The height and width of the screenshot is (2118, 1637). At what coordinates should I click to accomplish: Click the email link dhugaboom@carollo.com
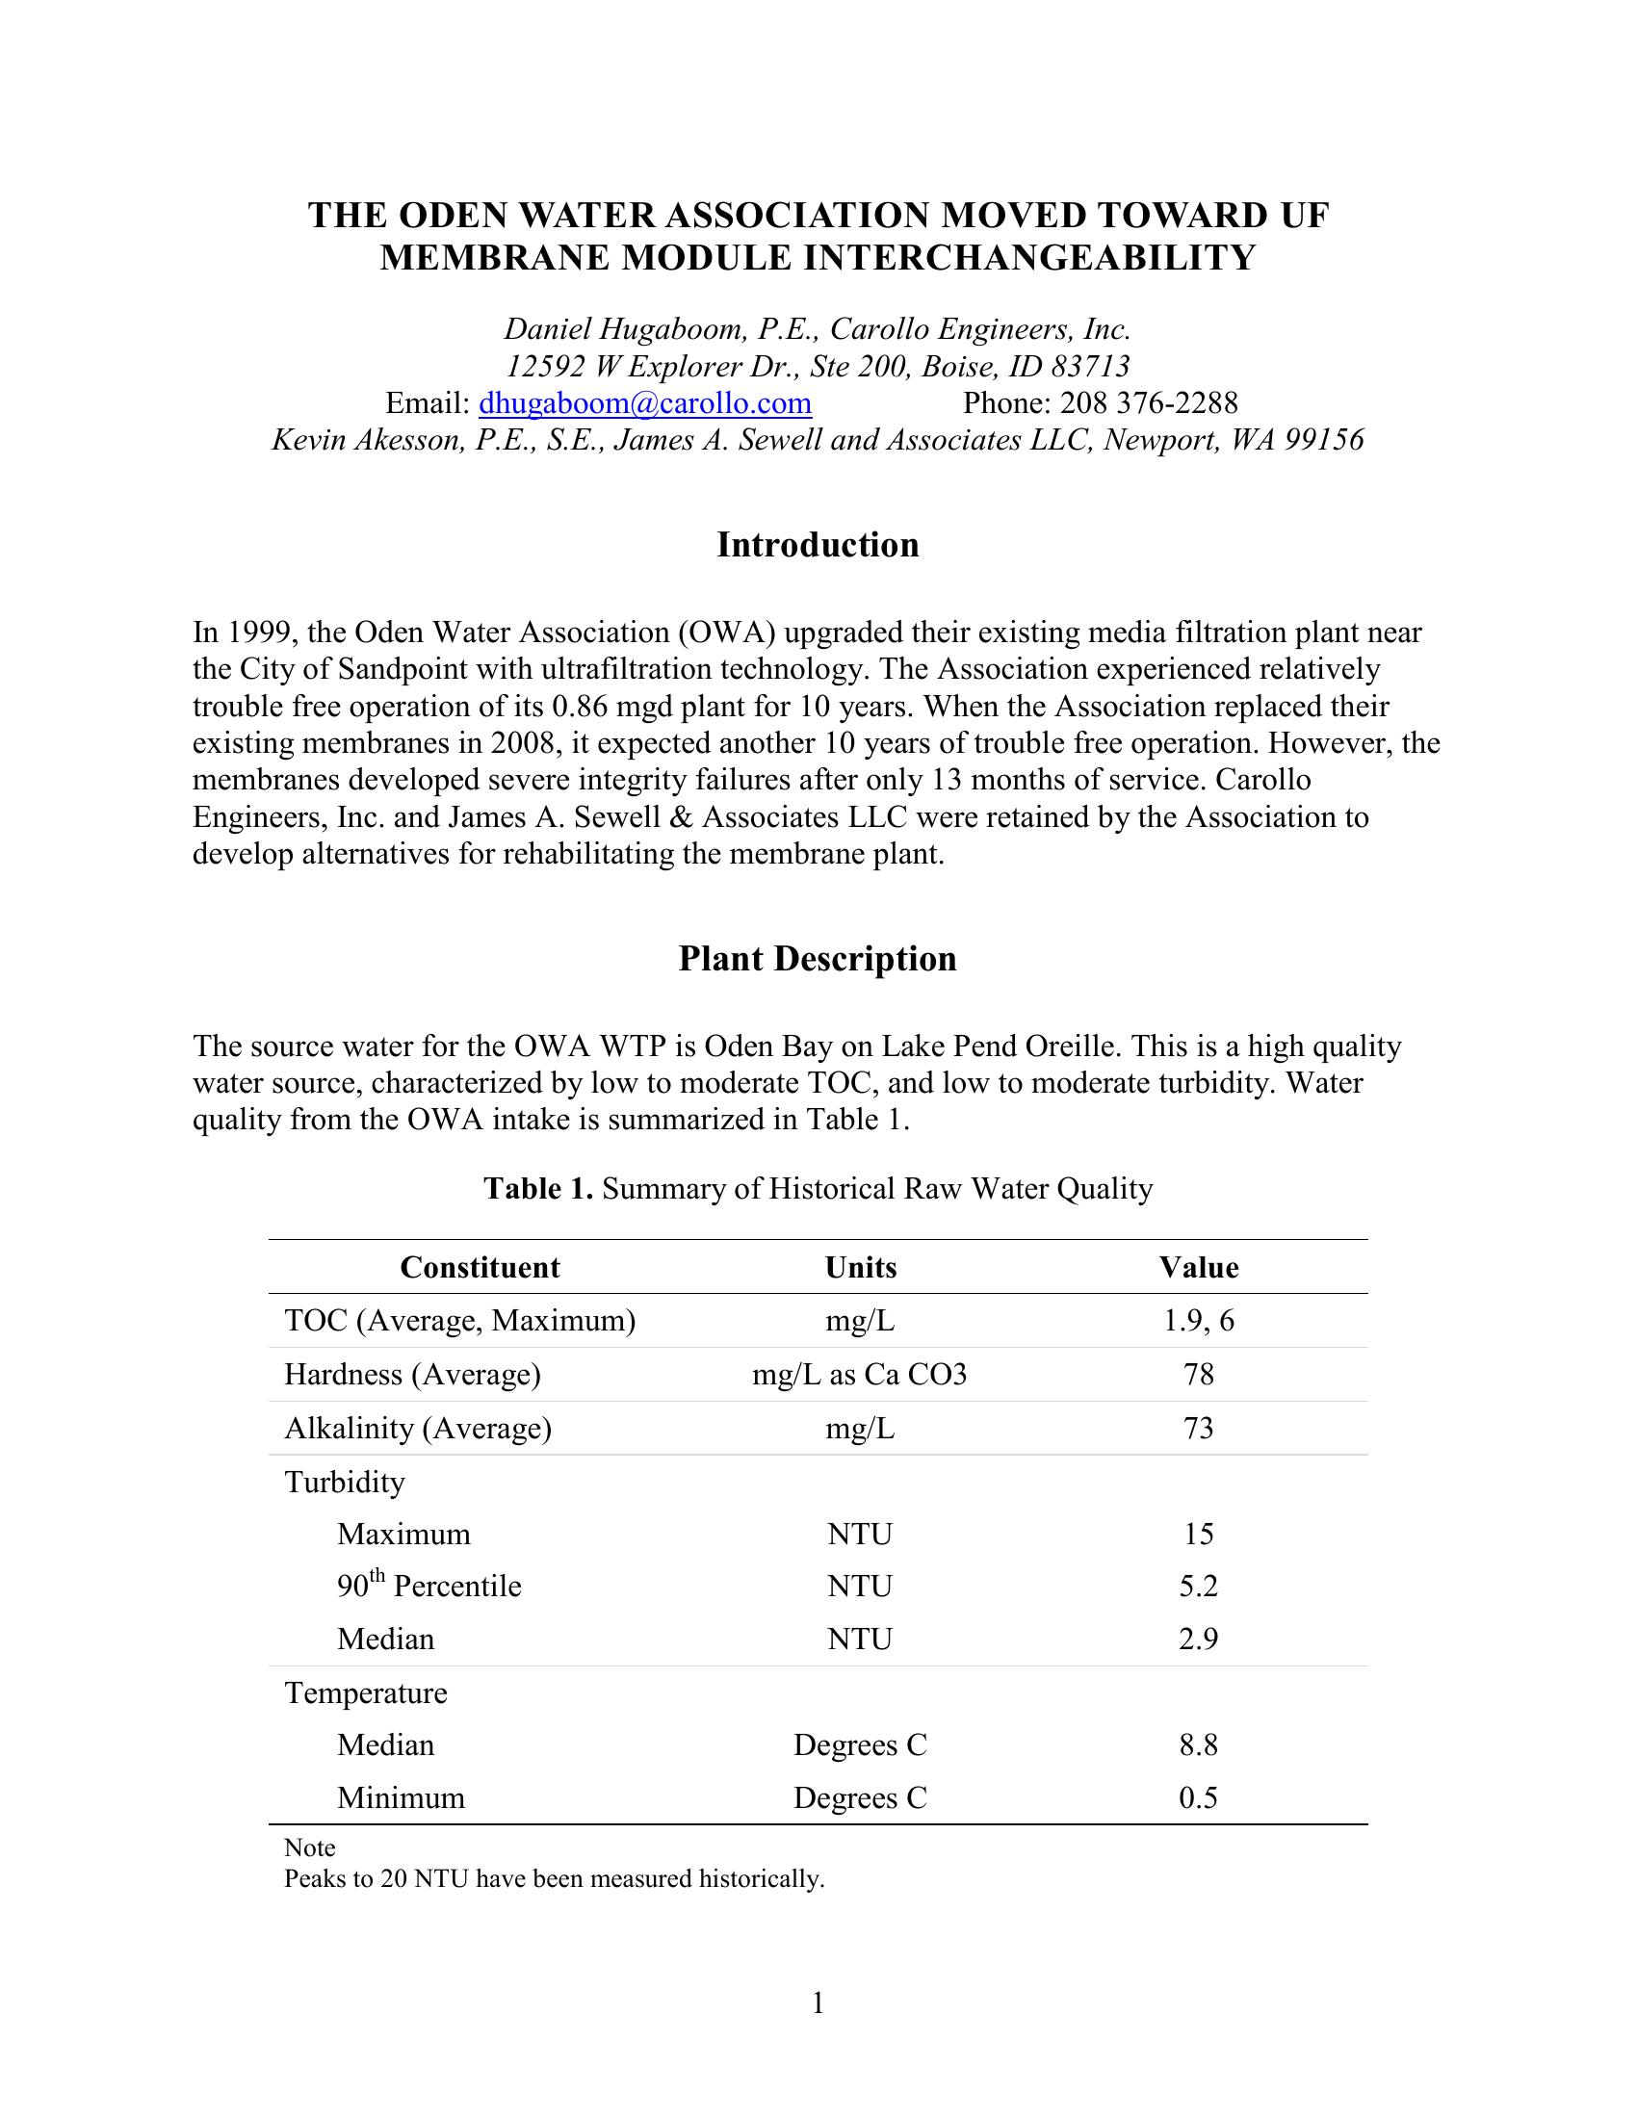645,403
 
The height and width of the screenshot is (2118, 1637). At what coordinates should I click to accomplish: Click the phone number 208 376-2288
1148,403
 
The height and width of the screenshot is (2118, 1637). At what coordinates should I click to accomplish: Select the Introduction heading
818,545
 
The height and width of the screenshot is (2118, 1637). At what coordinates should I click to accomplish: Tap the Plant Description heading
818,959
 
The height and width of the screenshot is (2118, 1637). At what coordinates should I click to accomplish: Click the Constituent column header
481,1268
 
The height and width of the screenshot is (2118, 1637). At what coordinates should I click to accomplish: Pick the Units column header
860,1268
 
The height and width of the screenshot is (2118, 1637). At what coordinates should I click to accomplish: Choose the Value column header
1199,1268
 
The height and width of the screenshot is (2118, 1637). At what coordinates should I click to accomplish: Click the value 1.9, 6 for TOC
1199,1321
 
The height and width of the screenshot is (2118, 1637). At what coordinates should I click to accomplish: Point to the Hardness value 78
1199,1374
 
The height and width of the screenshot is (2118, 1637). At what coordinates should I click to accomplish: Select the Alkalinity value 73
1199,1429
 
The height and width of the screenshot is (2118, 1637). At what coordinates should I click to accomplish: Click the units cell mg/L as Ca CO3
860,1374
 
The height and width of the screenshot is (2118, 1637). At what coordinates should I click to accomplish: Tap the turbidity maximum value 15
1199,1535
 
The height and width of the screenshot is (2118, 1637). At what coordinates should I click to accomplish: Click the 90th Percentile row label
429,1587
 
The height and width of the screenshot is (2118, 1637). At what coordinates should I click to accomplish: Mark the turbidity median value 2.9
1199,1639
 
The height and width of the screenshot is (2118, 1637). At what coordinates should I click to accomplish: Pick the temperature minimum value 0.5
1199,1798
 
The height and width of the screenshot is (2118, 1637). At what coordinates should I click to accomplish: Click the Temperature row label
366,1693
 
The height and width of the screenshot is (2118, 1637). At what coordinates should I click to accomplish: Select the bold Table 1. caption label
538,1189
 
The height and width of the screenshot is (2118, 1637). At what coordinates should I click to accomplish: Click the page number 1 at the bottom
818,2002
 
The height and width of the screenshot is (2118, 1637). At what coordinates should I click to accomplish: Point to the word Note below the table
309,1847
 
